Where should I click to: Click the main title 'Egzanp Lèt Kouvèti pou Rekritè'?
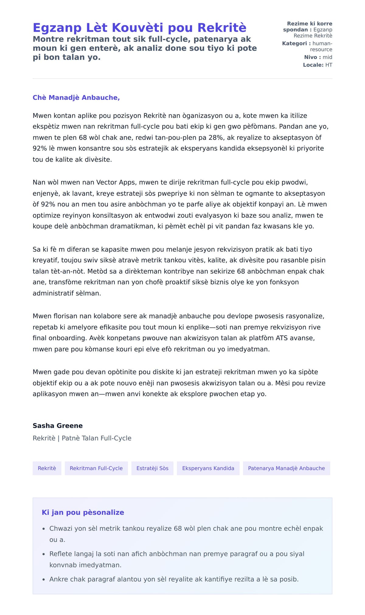(x=139, y=28)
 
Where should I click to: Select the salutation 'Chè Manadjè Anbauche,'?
(x=76, y=97)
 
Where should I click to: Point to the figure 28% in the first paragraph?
(x=216, y=138)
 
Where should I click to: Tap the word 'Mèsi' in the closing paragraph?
(x=283, y=383)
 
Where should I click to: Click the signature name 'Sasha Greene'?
(x=58, y=426)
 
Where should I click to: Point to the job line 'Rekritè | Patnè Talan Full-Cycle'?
(x=82, y=438)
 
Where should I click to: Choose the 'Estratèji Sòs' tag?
(x=152, y=468)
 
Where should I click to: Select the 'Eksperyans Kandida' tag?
(x=208, y=468)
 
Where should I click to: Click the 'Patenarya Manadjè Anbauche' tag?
(x=286, y=468)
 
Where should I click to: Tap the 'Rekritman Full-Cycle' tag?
(x=96, y=468)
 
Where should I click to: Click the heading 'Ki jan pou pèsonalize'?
(x=83, y=513)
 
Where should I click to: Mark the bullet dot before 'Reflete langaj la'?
(x=44, y=554)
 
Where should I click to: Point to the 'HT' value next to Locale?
(x=328, y=65)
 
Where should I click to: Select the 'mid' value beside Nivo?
(x=327, y=57)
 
